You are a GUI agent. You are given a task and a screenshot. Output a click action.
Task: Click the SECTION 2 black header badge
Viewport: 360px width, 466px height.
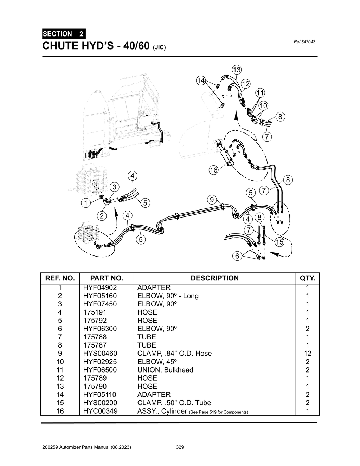tap(64, 34)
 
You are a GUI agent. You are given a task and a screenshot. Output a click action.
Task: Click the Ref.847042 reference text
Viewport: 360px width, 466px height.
tap(304, 42)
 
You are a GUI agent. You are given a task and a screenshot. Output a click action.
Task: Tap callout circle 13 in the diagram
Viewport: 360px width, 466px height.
tap(237, 69)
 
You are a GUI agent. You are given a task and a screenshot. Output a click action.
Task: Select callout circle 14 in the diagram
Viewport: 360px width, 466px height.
tap(201, 80)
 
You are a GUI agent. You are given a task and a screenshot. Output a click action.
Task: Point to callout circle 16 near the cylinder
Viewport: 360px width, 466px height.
tap(213, 170)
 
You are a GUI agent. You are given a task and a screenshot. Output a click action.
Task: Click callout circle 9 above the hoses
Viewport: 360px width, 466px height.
tap(212, 200)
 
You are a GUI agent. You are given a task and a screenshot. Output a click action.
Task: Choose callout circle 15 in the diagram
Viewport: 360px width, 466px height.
tap(279, 242)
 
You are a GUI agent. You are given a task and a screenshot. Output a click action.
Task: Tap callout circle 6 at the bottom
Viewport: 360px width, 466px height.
tap(237, 256)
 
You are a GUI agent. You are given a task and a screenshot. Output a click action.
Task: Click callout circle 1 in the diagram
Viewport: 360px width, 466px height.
tap(85, 203)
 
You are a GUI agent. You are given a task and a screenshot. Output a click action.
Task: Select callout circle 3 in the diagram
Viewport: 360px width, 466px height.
tap(114, 187)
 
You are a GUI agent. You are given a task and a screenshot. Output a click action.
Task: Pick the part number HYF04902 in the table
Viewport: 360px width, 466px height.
tap(100, 287)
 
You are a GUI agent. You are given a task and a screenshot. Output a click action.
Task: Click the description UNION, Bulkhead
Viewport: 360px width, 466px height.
tap(165, 370)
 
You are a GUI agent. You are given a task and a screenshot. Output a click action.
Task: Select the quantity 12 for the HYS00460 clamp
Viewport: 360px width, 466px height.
tap(307, 353)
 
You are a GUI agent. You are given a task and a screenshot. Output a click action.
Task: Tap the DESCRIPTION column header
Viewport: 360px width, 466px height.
tap(214, 278)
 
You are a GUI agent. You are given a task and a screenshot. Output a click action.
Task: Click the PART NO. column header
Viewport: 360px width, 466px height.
tap(107, 278)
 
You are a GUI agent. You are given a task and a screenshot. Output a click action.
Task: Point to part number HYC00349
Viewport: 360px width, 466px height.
tap(100, 411)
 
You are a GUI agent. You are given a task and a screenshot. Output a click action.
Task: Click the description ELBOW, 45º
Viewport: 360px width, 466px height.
tap(157, 362)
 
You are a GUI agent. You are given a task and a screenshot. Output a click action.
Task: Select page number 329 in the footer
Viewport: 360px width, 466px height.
tap(180, 447)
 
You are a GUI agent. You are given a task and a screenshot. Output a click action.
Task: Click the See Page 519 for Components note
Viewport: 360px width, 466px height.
tap(218, 412)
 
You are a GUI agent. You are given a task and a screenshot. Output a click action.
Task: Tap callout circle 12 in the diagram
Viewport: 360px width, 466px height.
tap(245, 84)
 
